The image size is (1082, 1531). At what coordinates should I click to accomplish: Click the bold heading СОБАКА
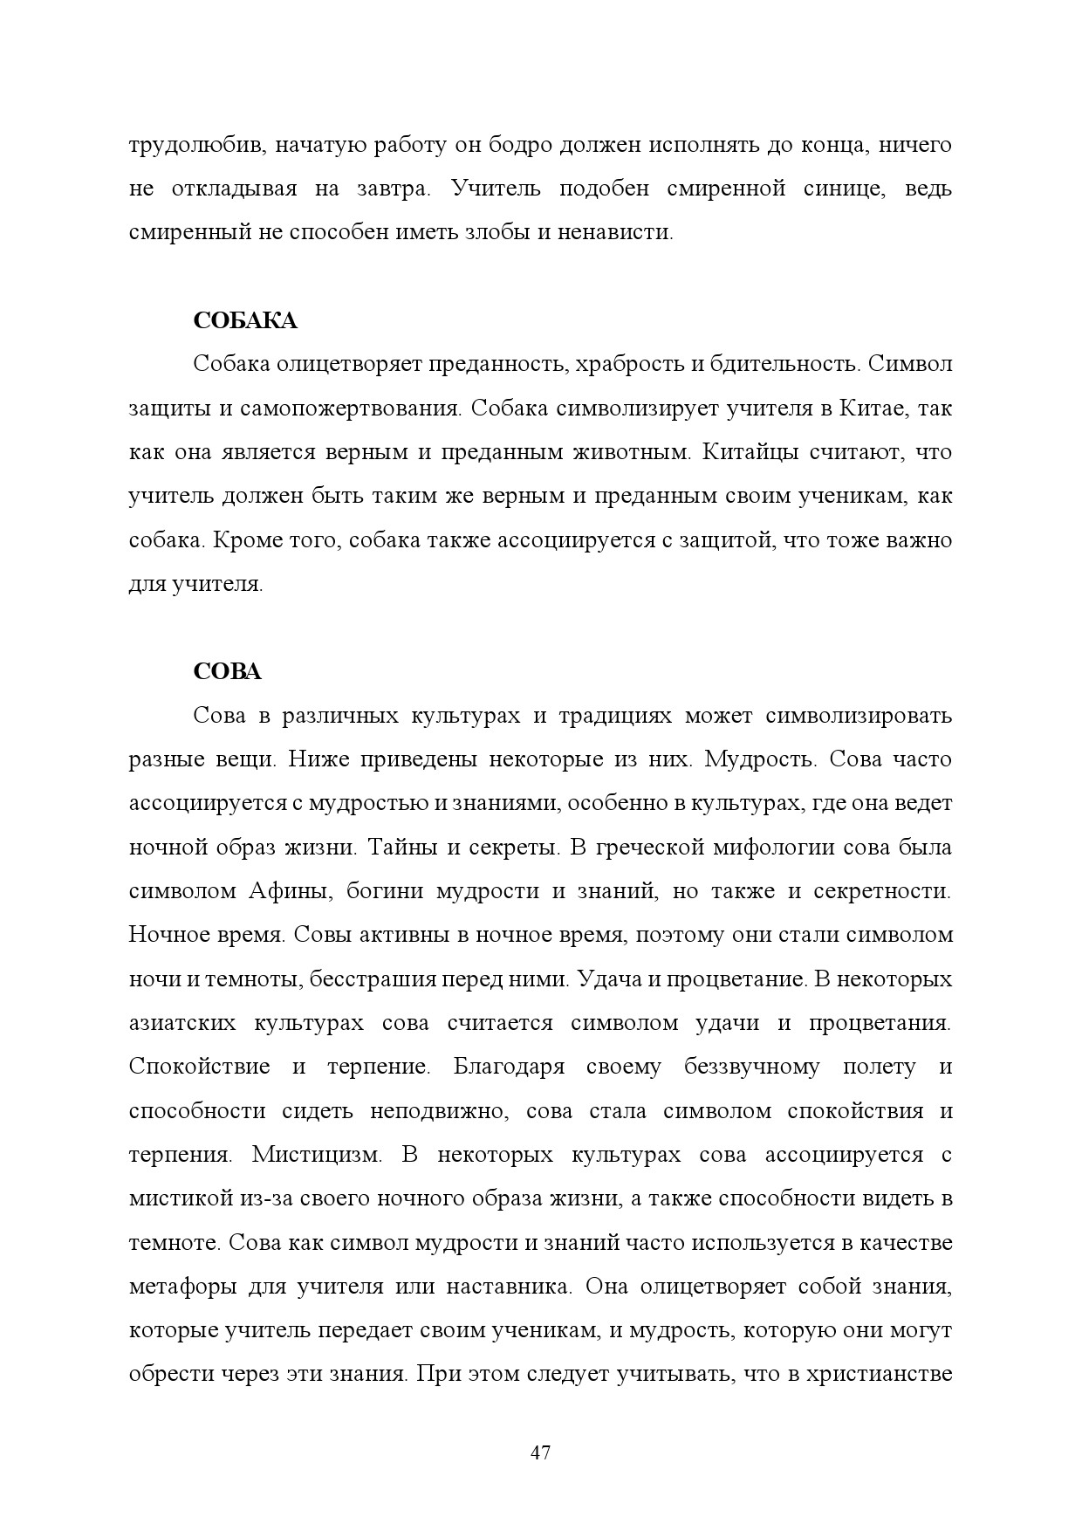pyautogui.click(x=244, y=321)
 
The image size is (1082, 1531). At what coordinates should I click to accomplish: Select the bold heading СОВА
pyautogui.click(x=227, y=672)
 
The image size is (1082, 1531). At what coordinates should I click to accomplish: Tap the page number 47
pyautogui.click(x=540, y=1453)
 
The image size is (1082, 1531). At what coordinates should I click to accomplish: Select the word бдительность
pyautogui.click(x=786, y=365)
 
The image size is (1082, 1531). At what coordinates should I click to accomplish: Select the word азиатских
pyautogui.click(x=181, y=1023)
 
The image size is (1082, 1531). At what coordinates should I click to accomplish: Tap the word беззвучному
pyautogui.click(x=751, y=1068)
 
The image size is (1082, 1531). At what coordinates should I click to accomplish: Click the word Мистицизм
pyautogui.click(x=317, y=1155)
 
